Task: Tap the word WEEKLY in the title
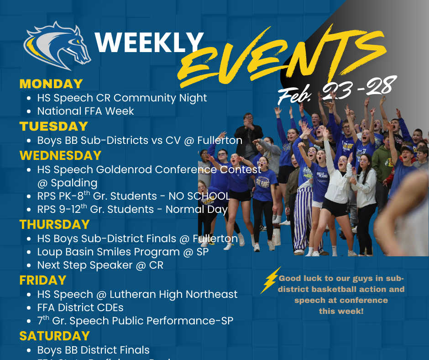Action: click(149, 43)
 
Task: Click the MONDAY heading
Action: click(51, 84)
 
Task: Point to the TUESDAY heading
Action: click(53, 126)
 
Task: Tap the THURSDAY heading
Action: click(54, 224)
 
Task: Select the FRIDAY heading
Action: click(43, 280)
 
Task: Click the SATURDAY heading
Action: click(54, 336)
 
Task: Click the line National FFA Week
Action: click(86, 111)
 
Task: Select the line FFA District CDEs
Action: click(80, 307)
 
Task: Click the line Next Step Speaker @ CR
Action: click(100, 265)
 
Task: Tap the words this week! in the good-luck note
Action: click(341, 311)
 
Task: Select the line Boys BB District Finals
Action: click(94, 350)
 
